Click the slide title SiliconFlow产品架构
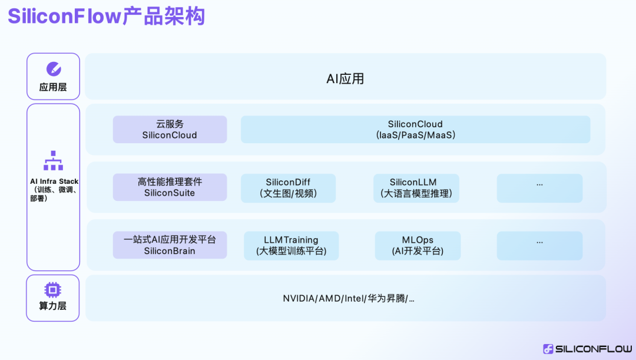pyautogui.click(x=107, y=16)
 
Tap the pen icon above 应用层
pyautogui.click(x=53, y=69)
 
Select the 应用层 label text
pyautogui.click(x=53, y=87)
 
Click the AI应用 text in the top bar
pyautogui.click(x=345, y=79)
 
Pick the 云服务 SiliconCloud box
pyautogui.click(x=170, y=130)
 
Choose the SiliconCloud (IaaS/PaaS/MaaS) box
pyautogui.click(x=415, y=130)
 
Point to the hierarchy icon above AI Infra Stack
pyautogui.click(x=53, y=161)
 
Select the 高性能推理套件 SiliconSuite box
pyautogui.click(x=170, y=187)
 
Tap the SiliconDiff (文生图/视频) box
pyautogui.click(x=288, y=188)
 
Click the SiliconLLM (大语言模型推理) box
pyautogui.click(x=416, y=188)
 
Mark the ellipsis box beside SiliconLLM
pyautogui.click(x=539, y=188)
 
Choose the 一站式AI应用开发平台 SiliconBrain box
pyautogui.click(x=170, y=245)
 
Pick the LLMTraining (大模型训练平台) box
pyautogui.click(x=291, y=246)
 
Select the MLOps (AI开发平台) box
pyautogui.click(x=418, y=246)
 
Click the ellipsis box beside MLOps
pyautogui.click(x=539, y=246)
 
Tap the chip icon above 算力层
pyautogui.click(x=53, y=290)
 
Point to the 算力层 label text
pyautogui.click(x=53, y=306)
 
